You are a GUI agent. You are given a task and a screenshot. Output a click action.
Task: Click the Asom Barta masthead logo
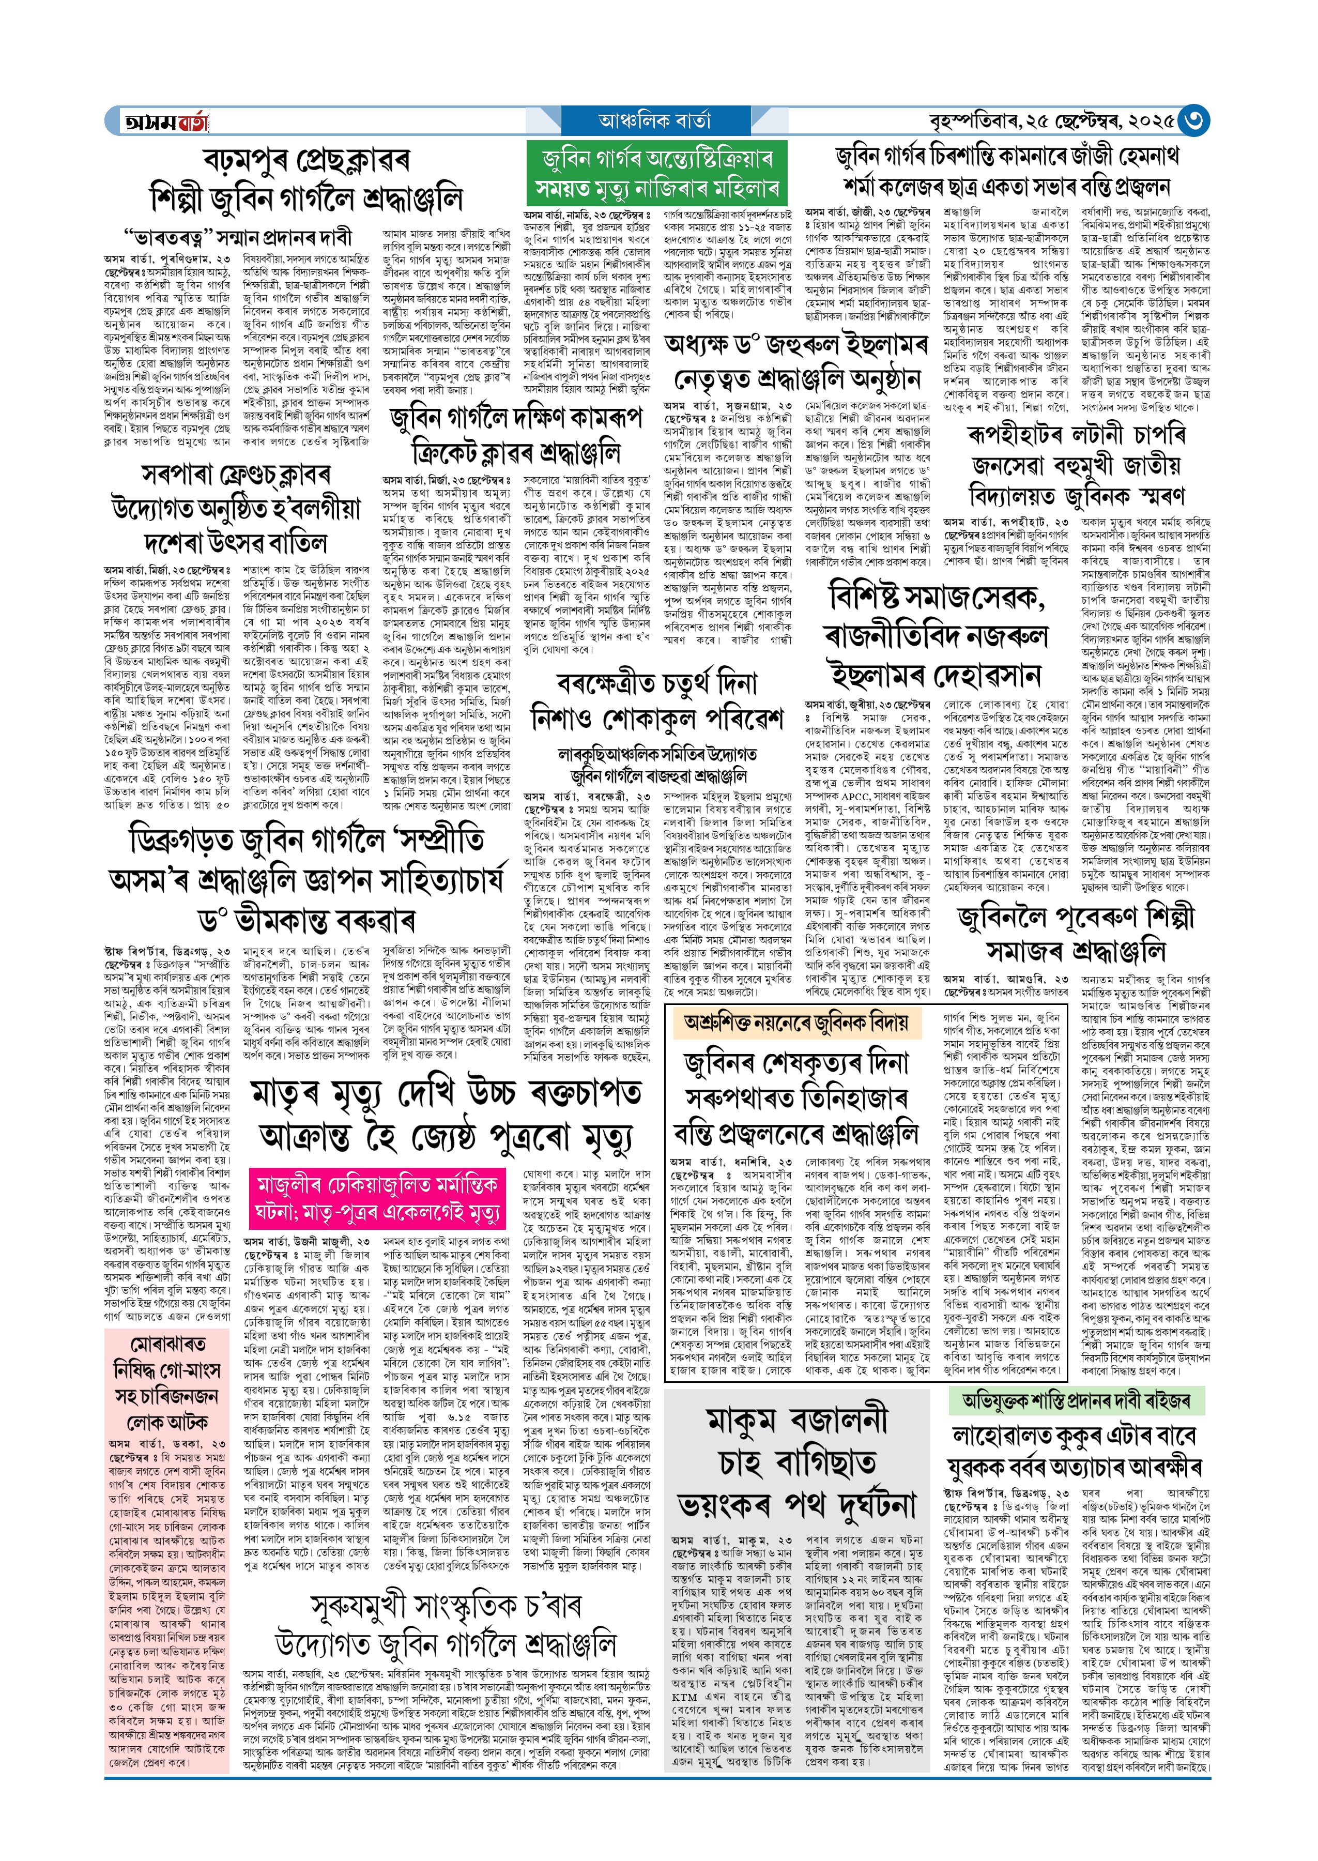(165, 121)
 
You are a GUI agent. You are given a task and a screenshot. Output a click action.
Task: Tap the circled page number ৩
(1193, 121)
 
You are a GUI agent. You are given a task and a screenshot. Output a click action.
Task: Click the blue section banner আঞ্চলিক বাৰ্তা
(654, 121)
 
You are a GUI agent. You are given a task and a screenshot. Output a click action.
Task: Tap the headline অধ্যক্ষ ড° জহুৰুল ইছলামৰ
(795, 344)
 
